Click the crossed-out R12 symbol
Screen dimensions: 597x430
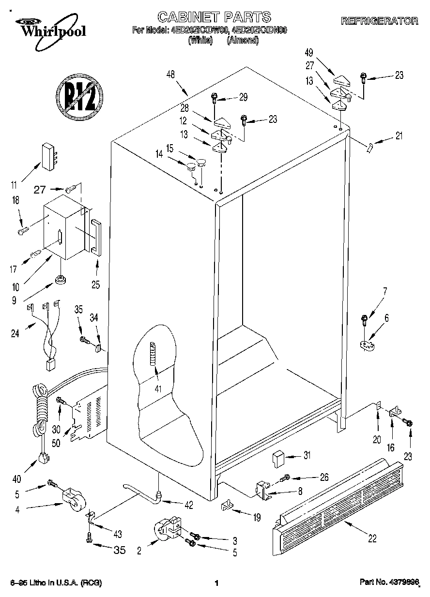click(80, 97)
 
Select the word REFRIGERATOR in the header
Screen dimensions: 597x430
click(379, 21)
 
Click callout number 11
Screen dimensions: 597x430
click(14, 184)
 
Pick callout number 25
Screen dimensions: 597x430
click(95, 284)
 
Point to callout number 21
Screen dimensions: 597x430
click(399, 136)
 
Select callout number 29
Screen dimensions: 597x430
click(243, 97)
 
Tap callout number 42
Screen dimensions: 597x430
click(189, 505)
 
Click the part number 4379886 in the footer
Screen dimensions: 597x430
click(389, 583)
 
